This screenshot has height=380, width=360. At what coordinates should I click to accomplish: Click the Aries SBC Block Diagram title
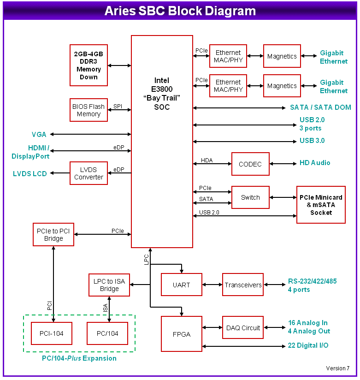(180, 11)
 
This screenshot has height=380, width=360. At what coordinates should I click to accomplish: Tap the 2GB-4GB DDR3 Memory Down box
(89, 65)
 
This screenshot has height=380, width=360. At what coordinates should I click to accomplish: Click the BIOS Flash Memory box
(89, 110)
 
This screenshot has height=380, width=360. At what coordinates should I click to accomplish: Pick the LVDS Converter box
(89, 173)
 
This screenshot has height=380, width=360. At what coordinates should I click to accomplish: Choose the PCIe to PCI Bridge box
(53, 235)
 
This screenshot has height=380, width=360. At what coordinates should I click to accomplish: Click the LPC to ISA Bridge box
(109, 285)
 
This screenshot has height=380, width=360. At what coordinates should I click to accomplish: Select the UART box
(181, 285)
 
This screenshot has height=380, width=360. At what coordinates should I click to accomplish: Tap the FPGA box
(182, 334)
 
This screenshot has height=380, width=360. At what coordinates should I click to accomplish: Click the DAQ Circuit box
(243, 328)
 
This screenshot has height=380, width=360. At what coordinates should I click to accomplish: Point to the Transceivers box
(243, 285)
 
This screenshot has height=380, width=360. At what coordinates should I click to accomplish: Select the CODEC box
(250, 164)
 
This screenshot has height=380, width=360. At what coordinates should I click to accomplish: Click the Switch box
(250, 197)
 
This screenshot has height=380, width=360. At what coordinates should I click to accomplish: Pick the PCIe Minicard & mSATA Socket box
(321, 205)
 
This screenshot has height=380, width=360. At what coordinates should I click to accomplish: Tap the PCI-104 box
(52, 333)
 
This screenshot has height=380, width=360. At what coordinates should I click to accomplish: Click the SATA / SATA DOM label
(320, 107)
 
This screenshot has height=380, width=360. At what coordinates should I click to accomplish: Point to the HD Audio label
(315, 163)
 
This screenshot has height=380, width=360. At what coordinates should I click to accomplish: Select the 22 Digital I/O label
(308, 345)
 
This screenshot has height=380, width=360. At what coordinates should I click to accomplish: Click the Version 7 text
(337, 368)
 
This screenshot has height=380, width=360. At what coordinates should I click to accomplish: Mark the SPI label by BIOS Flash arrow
(118, 107)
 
